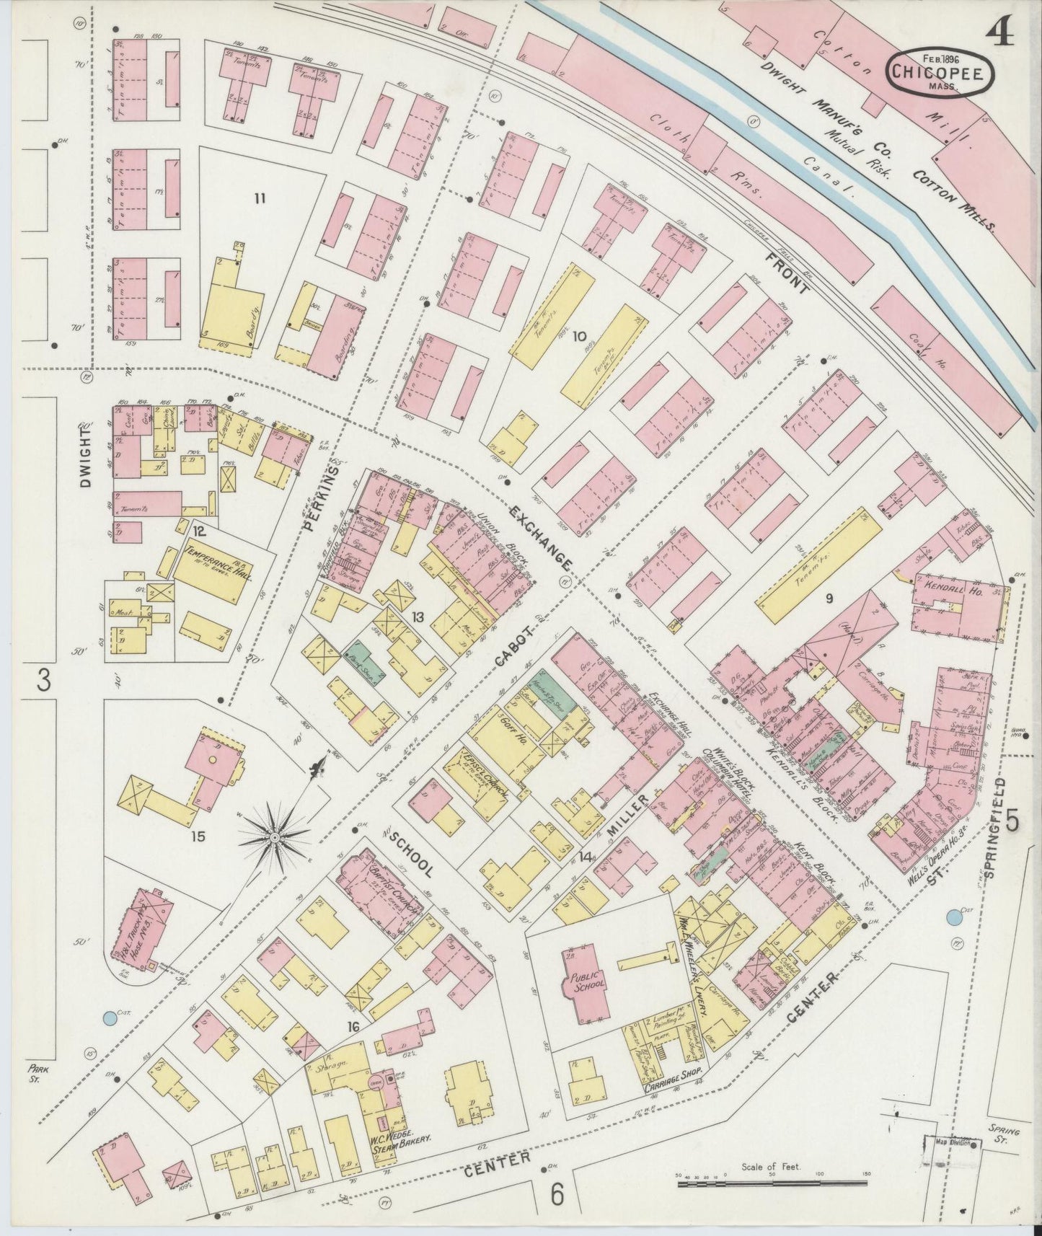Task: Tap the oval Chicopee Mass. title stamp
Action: (940, 74)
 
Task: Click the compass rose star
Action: (274, 836)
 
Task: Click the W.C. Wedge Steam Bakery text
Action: (402, 1137)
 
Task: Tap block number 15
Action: (198, 836)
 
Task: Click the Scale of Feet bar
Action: (772, 1184)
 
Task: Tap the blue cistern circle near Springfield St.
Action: (953, 918)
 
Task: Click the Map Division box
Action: (952, 1143)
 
